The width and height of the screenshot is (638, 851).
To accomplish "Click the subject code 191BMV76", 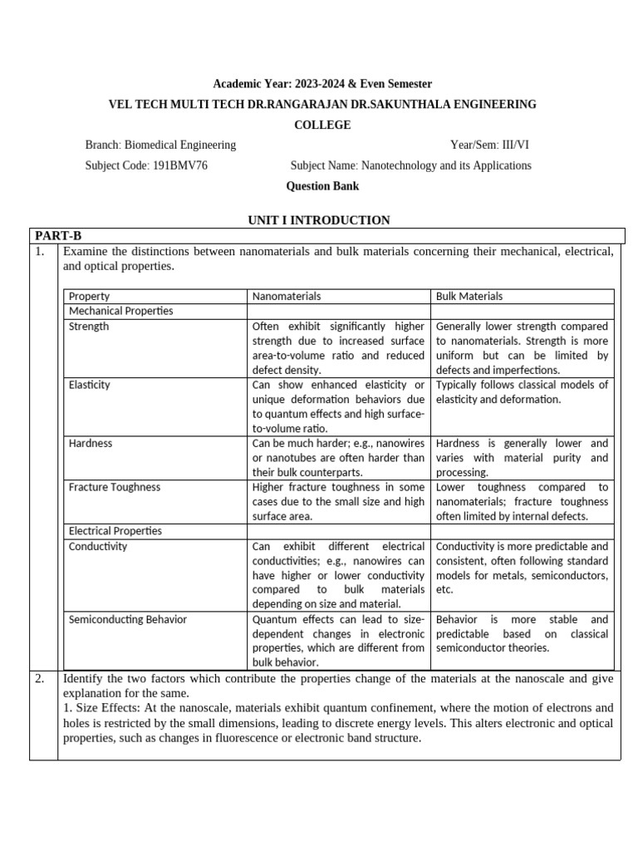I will (179, 165).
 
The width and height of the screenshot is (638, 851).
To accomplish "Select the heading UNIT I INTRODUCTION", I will (319, 220).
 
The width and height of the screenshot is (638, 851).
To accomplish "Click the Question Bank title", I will (322, 186).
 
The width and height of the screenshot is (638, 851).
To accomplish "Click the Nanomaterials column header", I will (286, 296).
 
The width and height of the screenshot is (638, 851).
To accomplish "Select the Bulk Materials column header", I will (469, 296).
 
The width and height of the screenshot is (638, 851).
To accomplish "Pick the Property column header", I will (89, 296).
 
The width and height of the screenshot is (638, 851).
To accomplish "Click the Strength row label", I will (88, 327).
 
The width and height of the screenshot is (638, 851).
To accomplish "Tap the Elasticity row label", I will (89, 385).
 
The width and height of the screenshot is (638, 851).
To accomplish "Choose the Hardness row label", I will (90, 443).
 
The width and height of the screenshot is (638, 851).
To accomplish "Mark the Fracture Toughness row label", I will (114, 487).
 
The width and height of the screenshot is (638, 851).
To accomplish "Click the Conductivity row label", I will (98, 546).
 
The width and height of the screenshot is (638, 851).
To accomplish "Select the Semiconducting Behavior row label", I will (127, 619).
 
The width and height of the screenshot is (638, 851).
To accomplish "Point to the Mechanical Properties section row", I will (120, 311).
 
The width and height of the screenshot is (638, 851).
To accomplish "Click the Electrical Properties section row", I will (115, 530).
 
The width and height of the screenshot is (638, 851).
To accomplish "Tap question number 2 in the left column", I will (39, 679).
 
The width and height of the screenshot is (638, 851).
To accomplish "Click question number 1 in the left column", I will (39, 251).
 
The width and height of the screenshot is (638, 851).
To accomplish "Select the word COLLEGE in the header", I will (322, 125).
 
